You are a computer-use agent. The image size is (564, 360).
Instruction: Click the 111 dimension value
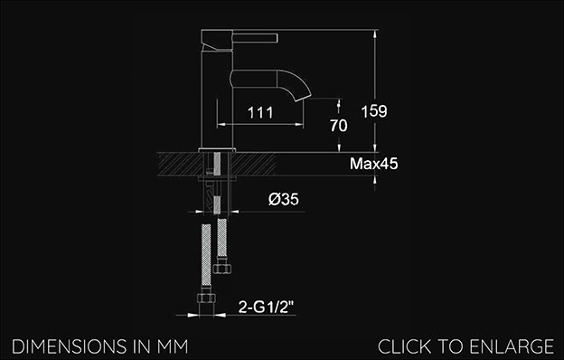point(260,113)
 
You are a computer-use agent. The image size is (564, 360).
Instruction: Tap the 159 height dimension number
point(374,111)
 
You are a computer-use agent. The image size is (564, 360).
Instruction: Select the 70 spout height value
point(339,126)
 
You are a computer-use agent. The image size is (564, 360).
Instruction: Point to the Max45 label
point(373,164)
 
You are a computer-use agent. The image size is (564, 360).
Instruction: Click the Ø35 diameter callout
point(284,199)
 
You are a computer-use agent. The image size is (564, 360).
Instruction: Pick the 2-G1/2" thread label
point(266,307)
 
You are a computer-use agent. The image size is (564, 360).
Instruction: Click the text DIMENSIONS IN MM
point(100,346)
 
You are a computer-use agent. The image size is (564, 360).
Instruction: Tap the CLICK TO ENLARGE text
point(465,346)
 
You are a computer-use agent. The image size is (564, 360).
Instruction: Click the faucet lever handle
point(255,38)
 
